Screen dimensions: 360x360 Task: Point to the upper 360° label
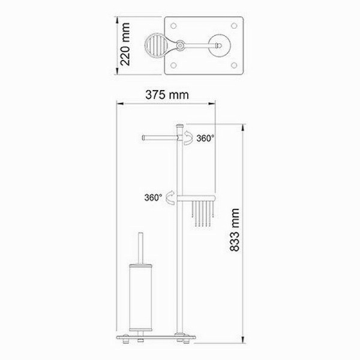(x=205, y=139)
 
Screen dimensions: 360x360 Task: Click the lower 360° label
(x=152, y=197)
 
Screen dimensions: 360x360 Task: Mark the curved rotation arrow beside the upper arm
(x=190, y=139)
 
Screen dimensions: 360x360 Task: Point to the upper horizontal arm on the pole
(x=158, y=137)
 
